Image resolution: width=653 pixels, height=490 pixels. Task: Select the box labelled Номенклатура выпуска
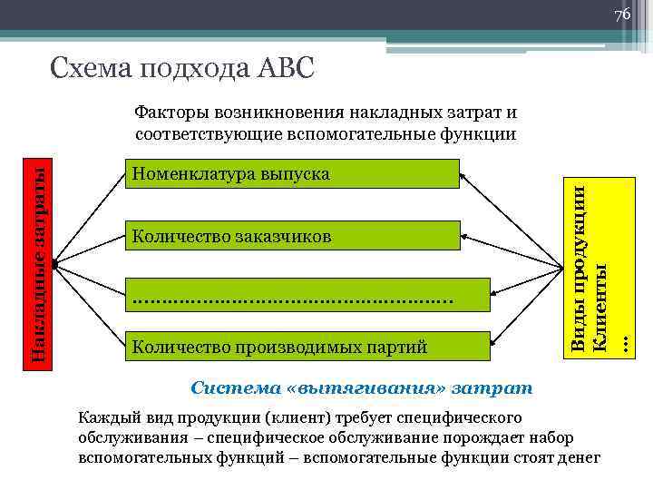coord(291,173)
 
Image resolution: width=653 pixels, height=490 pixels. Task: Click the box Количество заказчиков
coord(291,236)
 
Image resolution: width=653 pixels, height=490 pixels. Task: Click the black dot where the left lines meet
coord(55,264)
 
